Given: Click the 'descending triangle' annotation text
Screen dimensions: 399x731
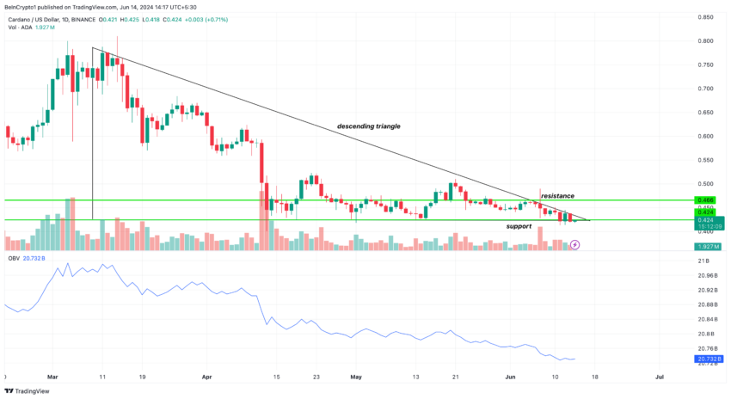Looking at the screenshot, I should pos(368,126).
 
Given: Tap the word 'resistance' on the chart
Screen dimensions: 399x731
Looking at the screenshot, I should pos(557,196).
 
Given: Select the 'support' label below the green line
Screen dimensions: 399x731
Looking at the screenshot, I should pos(518,226).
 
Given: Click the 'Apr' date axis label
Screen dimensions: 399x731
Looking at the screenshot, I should pos(206,376).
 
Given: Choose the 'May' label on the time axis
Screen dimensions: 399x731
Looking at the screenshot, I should pos(357,376).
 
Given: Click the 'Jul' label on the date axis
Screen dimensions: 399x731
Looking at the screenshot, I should pos(659,376).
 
